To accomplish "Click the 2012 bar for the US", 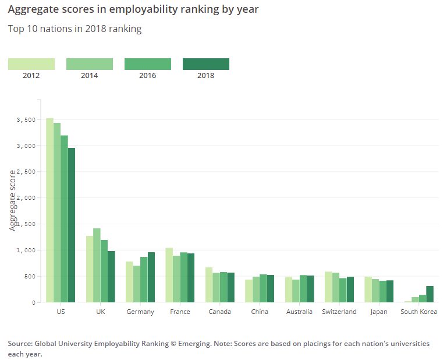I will coord(50,210).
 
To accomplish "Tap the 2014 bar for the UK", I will coord(97,265).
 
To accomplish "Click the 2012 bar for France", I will coord(169,275).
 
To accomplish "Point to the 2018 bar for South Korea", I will coord(430,294).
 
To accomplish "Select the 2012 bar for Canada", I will coord(209,285).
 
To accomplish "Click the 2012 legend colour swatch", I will coord(31,64).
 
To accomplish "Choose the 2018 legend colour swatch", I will coord(206,64).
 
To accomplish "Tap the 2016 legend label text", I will coord(148,76).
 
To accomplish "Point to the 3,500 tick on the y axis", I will coord(27,119).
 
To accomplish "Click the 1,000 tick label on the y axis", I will coord(27,250).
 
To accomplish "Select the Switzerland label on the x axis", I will coord(339,312).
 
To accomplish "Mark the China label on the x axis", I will coord(260,312).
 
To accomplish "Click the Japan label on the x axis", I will coord(379,312).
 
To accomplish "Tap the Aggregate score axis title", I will coord(13,200).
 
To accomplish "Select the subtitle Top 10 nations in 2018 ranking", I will coord(74,29).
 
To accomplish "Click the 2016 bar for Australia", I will coord(303,288).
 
